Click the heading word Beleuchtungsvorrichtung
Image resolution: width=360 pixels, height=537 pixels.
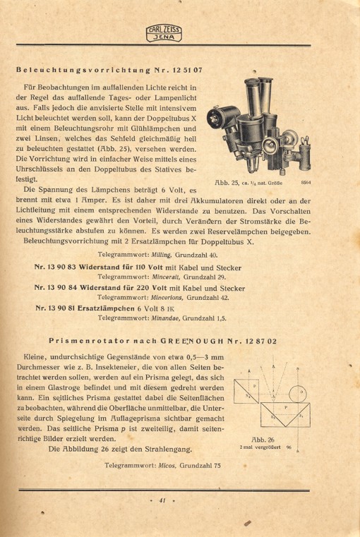tap(78, 70)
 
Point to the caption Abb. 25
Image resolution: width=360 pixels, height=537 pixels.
tap(226, 183)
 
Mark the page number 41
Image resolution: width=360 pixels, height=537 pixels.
tap(162, 500)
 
